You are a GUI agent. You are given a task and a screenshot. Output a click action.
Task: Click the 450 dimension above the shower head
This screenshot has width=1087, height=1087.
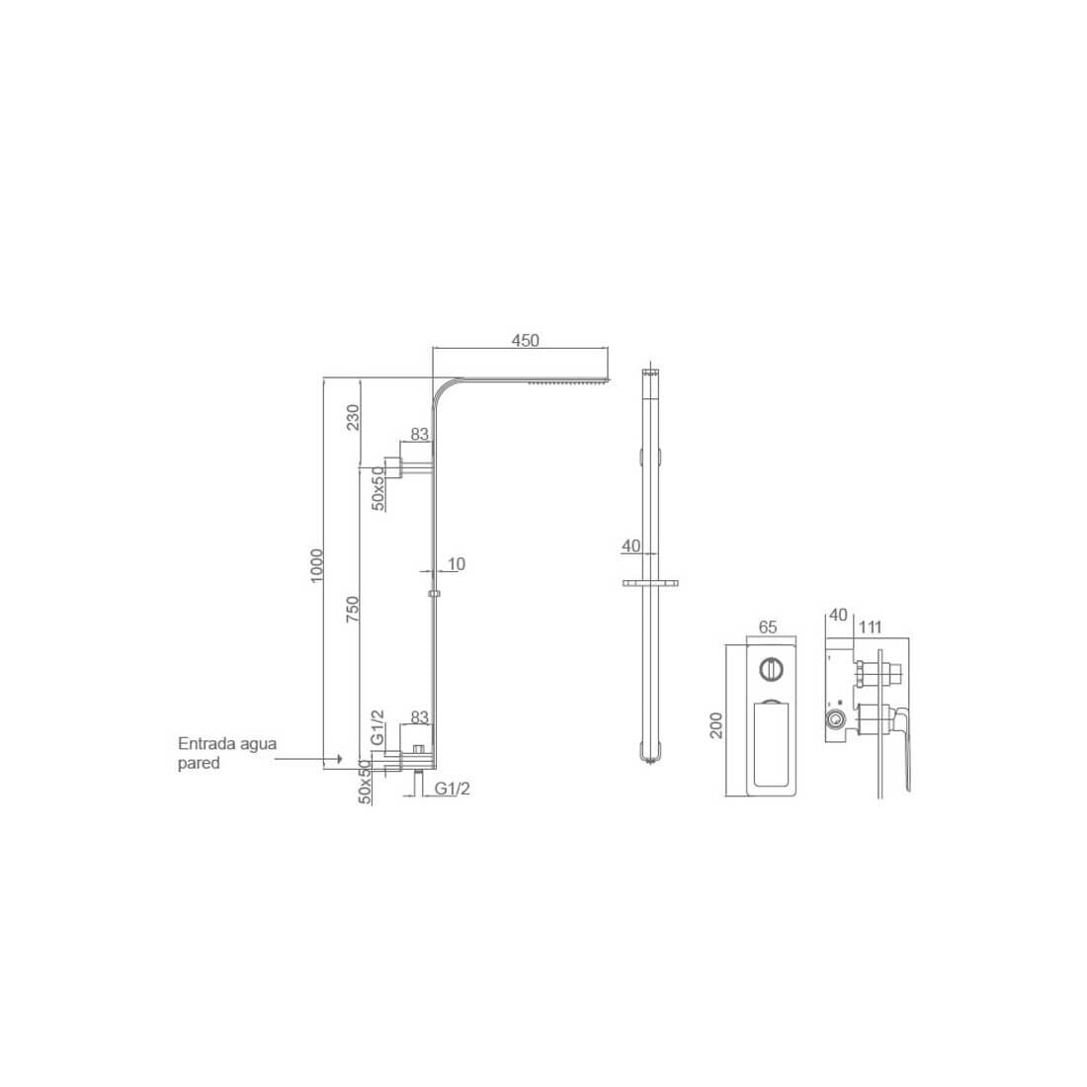525,340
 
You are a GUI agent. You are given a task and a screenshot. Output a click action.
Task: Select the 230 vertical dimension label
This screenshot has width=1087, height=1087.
353,417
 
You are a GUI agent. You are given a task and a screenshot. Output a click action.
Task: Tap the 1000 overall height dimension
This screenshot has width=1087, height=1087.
317,565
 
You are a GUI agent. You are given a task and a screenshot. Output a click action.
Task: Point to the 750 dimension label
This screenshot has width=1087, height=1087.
353,608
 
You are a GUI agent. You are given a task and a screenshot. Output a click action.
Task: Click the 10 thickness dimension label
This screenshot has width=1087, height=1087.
457,564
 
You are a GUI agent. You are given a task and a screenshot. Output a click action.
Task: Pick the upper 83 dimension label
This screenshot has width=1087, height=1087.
419,434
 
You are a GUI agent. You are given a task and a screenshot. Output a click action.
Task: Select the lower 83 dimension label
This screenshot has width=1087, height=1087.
419,716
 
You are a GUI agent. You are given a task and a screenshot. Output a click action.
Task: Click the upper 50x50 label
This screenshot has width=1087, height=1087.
378,488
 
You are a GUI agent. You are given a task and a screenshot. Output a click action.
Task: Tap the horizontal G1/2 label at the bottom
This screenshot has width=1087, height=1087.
452,789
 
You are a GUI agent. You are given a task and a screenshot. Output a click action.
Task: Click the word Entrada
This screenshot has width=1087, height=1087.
208,744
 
